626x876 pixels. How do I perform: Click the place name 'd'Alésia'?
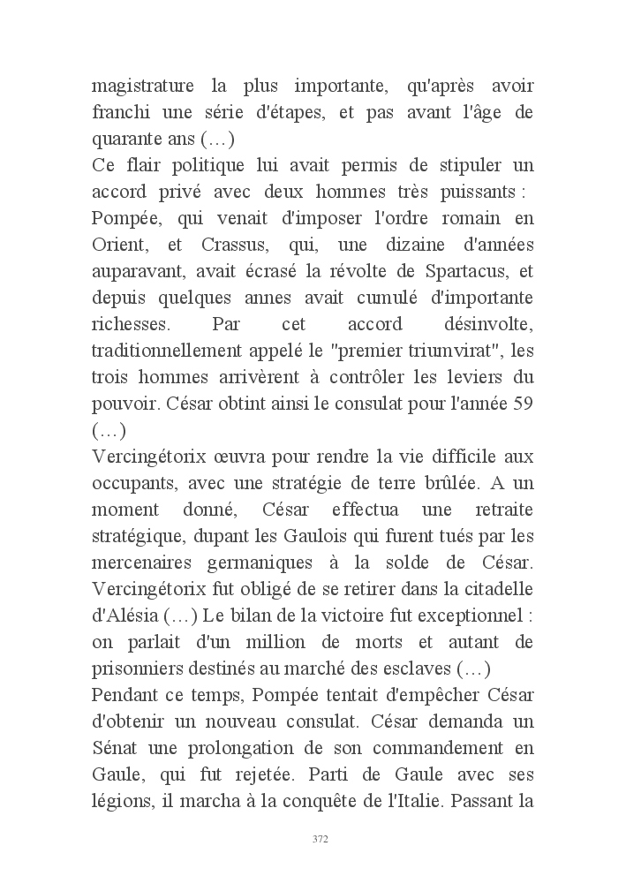click(125, 613)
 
